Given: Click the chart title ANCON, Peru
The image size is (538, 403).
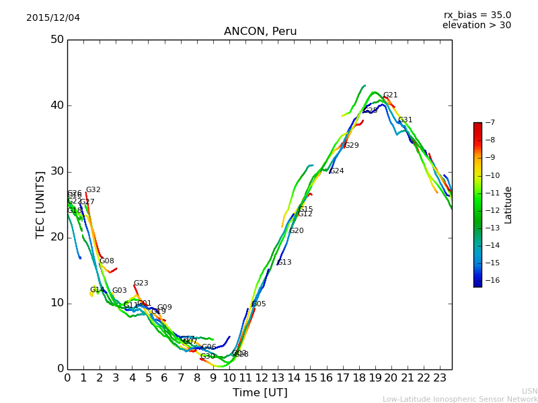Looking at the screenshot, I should [260, 32].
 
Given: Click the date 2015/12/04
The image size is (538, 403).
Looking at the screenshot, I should [53, 17].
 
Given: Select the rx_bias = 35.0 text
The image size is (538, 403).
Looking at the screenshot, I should [477, 15].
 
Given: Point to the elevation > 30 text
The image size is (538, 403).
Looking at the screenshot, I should [476, 26].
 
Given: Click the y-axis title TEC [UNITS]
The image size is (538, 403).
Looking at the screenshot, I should [40, 204].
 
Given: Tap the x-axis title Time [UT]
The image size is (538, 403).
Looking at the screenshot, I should [260, 392].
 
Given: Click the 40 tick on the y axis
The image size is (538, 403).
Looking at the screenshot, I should [56, 105].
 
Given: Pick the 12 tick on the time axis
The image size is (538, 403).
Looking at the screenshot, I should [262, 378].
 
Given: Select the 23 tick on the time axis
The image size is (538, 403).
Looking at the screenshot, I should [440, 378].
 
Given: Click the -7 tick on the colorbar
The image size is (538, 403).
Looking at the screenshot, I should [490, 123].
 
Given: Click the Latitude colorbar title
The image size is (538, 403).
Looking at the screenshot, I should [508, 205].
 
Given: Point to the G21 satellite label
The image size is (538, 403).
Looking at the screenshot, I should [391, 95].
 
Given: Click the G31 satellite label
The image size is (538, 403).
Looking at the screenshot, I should [406, 120].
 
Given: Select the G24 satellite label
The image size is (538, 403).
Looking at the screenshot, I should [337, 171].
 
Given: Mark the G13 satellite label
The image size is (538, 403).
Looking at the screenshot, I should [284, 263].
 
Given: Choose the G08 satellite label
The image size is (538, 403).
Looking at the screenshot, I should [107, 261].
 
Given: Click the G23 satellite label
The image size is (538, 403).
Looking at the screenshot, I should [141, 283].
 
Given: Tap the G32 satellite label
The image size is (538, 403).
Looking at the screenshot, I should [93, 190].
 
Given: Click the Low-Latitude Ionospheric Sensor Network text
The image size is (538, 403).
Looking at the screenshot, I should [460, 399].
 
